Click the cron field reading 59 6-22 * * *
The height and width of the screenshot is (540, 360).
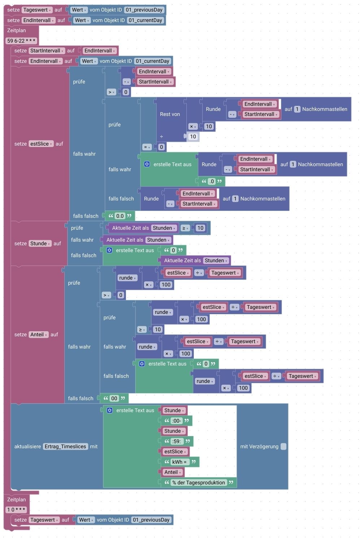click(21, 41)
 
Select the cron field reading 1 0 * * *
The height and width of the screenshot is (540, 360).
click(16, 510)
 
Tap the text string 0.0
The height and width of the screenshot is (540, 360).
click(120, 216)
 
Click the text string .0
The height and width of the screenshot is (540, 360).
click(212, 181)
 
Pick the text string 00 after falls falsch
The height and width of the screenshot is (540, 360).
click(114, 398)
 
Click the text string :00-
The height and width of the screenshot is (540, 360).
click(177, 421)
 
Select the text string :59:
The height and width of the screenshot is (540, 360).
click(177, 441)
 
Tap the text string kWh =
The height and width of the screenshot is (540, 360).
click(179, 462)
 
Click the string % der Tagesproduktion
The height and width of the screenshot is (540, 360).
click(198, 483)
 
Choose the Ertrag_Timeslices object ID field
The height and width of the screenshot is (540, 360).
click(65, 446)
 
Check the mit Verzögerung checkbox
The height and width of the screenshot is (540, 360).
click(283, 446)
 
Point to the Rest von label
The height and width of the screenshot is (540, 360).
click(170, 114)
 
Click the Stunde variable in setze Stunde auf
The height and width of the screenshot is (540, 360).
click(40, 243)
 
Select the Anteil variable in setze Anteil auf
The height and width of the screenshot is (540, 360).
click(38, 334)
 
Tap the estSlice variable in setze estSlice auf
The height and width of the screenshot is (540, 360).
click(41, 144)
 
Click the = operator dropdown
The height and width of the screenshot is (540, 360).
click(147, 147)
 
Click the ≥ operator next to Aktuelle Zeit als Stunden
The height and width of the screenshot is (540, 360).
click(185, 228)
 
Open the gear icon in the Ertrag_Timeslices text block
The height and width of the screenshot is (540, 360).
click(110, 410)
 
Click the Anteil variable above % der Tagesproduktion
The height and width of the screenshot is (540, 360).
click(172, 472)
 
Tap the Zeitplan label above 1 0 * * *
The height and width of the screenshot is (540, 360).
click(17, 500)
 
